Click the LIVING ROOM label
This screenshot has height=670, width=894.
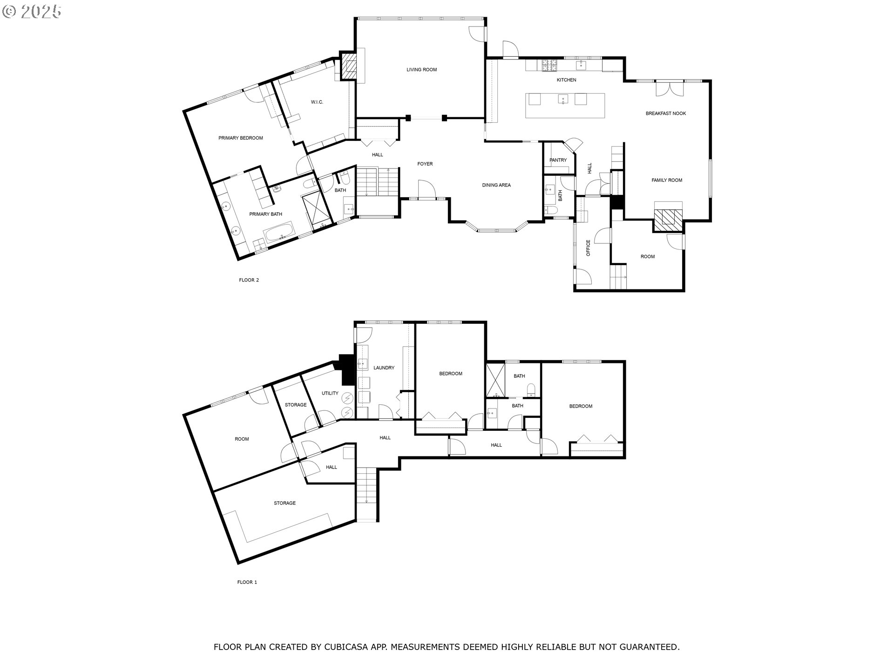tap(421, 70)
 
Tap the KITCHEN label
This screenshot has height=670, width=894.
tap(567, 80)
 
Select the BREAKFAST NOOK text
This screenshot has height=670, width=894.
tap(666, 114)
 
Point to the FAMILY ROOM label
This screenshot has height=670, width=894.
tap(667, 180)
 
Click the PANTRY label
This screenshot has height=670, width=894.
tap(558, 160)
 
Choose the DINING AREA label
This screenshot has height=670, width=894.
tap(496, 185)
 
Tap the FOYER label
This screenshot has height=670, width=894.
tap(425, 164)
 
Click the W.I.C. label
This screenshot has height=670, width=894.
tap(317, 102)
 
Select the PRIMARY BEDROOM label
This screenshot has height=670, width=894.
tap(241, 138)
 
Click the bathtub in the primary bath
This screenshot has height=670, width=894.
tap(279, 231)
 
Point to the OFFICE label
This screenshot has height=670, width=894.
tap(588, 248)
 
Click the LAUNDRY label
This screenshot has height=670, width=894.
tap(384, 368)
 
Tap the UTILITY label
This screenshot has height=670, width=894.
tap(330, 393)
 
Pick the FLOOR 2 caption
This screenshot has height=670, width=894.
tap(249, 280)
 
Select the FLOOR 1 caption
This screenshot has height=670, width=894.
tap(247, 582)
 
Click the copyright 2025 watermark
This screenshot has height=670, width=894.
tap(32, 12)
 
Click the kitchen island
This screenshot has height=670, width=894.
tap(566, 106)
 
